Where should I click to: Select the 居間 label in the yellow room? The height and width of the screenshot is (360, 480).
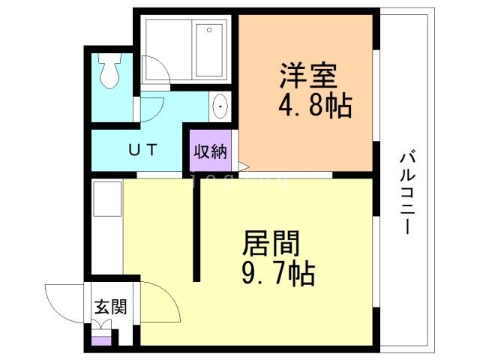271,244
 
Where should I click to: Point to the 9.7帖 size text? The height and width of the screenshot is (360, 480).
277,273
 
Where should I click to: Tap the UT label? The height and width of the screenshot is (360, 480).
142,148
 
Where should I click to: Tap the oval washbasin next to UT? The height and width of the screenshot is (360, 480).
220,106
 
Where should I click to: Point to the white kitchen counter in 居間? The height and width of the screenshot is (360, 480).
106,225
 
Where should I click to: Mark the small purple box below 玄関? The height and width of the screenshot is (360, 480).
100,340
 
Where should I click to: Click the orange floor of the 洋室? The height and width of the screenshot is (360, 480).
307,142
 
